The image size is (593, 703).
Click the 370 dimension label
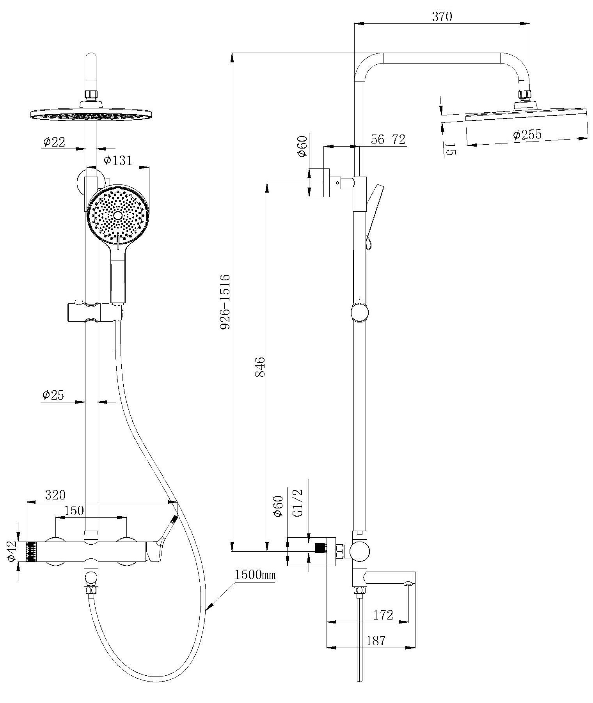coord(442,17)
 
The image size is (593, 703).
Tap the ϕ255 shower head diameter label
coord(527,135)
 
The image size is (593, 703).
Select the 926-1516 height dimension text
coord(225,301)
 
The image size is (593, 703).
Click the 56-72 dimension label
coord(388,139)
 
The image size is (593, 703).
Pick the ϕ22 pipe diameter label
coord(54,142)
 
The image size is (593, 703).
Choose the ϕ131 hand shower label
coord(118,160)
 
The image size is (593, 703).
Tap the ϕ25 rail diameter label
coord(53,395)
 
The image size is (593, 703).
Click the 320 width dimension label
coord(55,495)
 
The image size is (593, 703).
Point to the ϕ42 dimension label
coord(12,552)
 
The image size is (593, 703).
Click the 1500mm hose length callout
coord(255,575)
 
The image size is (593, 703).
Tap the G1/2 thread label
coord(297,503)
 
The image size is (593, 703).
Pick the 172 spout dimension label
coord(383,615)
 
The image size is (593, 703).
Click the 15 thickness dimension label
coord(450,149)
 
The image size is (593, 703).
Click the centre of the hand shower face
coord(118,216)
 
